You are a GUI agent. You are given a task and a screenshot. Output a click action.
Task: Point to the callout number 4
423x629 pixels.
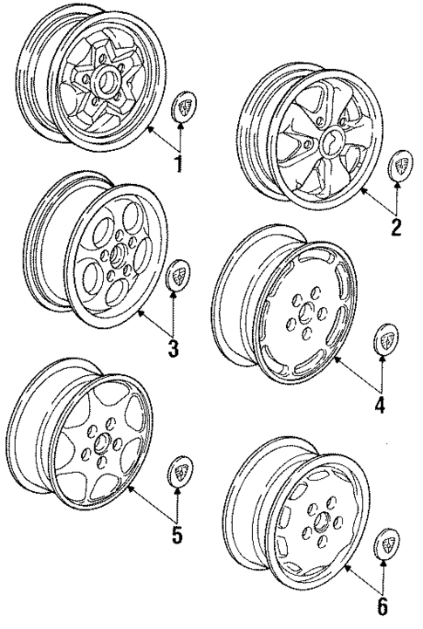380,406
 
